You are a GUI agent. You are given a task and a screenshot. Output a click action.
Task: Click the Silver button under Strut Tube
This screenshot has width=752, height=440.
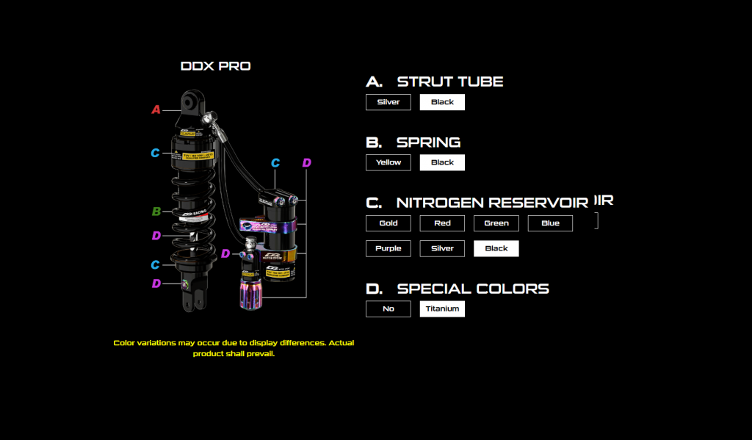point(388,102)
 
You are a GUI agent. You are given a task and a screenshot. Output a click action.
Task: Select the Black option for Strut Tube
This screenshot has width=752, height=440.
point(442,102)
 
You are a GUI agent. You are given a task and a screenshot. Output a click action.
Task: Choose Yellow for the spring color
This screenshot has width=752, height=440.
point(388,162)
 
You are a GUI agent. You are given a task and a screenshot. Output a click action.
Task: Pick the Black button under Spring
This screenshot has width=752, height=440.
point(442,162)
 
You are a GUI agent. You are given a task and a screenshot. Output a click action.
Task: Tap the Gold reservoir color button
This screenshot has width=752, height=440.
point(388,223)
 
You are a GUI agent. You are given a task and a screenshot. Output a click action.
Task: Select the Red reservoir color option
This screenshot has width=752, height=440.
point(442,223)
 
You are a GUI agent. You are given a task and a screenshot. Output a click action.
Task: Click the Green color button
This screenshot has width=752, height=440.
point(496,223)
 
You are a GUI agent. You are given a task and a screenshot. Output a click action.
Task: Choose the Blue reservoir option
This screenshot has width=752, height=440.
point(550,223)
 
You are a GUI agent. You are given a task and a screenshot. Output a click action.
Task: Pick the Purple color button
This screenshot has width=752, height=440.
point(388,248)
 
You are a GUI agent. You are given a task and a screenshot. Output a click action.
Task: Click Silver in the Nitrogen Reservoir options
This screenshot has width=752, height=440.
point(442,248)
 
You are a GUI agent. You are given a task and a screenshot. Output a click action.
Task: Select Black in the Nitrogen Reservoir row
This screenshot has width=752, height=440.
point(496,248)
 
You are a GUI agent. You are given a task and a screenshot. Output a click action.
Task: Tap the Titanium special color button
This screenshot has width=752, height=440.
point(442,309)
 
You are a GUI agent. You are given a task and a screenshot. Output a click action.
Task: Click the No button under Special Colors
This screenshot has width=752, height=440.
point(388,309)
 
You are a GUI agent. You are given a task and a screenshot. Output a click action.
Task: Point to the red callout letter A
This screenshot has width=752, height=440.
point(156,109)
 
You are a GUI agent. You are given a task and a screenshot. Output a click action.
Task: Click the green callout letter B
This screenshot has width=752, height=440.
point(156,212)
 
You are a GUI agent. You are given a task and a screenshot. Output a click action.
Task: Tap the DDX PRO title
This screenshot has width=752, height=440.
point(215,66)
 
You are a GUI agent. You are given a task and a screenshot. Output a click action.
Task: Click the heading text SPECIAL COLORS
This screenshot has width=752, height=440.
point(473,289)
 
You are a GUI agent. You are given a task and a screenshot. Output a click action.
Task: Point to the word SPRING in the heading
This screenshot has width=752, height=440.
point(429,143)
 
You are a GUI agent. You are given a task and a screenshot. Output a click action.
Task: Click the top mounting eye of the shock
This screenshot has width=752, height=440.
point(193,101)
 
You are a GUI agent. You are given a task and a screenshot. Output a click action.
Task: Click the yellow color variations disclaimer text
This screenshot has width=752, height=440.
point(234,348)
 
